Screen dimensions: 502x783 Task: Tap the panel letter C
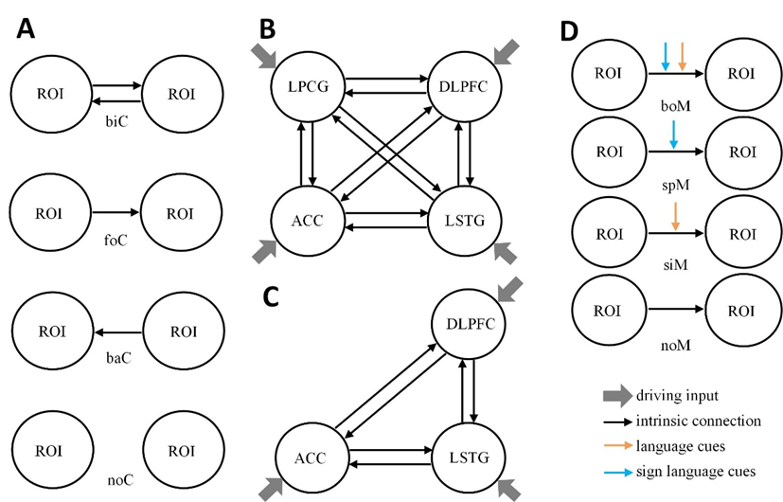tap(270, 296)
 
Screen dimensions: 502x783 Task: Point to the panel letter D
tap(568, 30)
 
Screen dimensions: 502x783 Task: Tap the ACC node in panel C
tap(309, 458)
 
